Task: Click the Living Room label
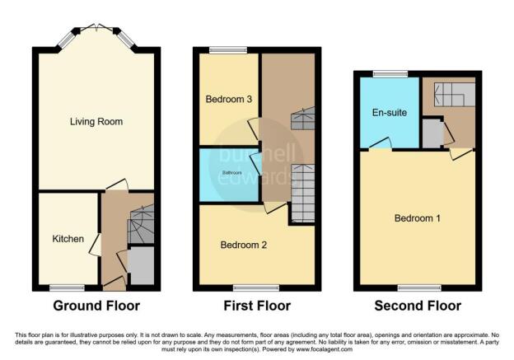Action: [x=96, y=122]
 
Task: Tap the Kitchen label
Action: [x=68, y=239]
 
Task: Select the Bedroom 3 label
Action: [x=229, y=99]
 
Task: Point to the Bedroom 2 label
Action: [x=244, y=245]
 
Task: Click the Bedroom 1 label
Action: [x=418, y=218]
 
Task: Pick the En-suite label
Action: [x=390, y=113]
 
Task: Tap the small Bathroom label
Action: [x=232, y=173]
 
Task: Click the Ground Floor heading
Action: [x=96, y=306]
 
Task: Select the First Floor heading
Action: [x=257, y=306]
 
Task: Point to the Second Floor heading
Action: [x=418, y=306]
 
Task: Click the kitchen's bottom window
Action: [x=67, y=288]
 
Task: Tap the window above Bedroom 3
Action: [x=228, y=50]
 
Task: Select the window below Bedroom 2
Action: [x=256, y=288]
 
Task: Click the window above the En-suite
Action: [x=390, y=74]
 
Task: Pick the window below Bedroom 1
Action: [x=419, y=288]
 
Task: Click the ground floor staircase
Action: [x=142, y=224]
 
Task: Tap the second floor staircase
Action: [x=455, y=95]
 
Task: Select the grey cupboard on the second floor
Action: [x=432, y=133]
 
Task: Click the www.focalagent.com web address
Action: [x=325, y=349]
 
